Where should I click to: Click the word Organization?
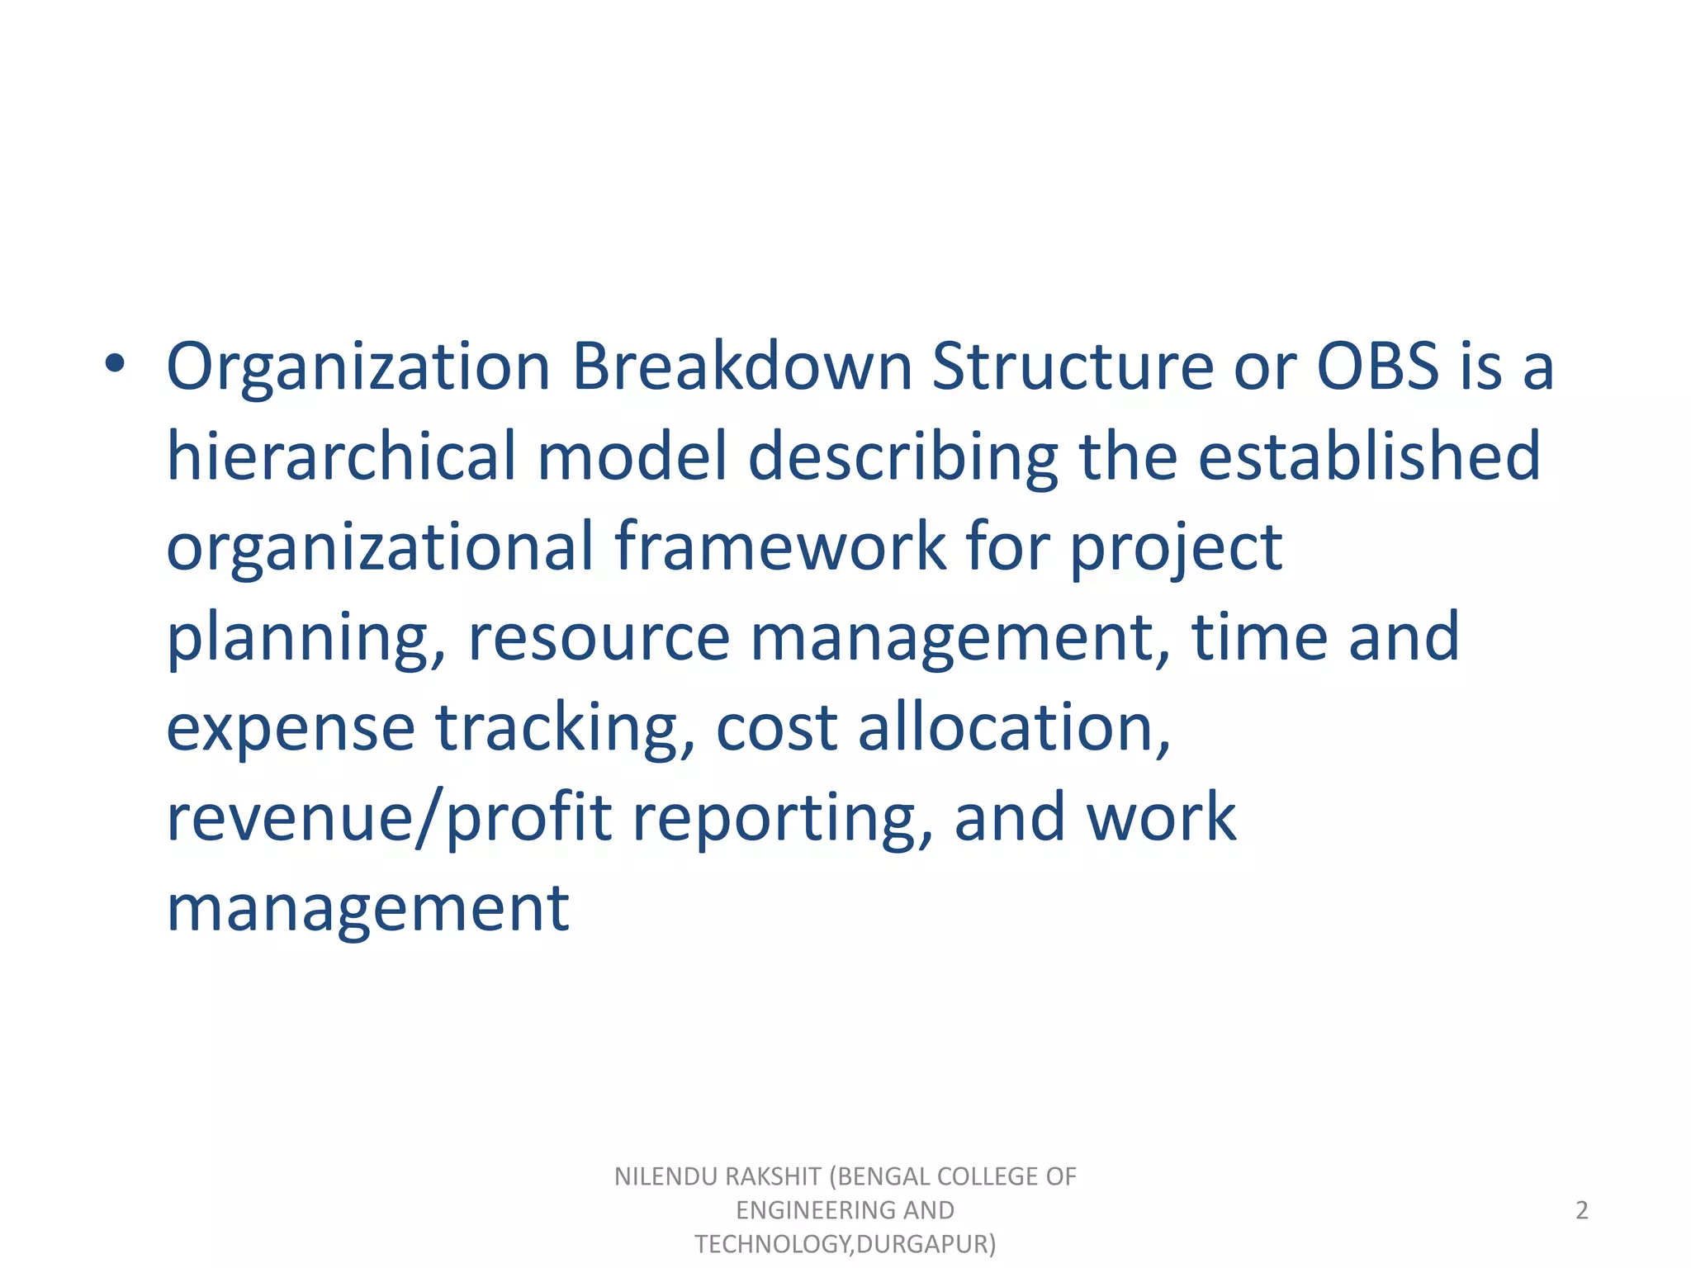[358, 367]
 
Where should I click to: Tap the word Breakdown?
[742, 366]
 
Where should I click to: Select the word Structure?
[1073, 366]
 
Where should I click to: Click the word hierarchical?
[341, 456]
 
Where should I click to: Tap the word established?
[1369, 456]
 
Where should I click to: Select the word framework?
[780, 546]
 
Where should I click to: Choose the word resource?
[599, 637]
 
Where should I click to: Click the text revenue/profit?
[389, 818]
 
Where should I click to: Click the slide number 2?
[1581, 1210]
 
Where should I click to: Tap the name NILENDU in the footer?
[666, 1176]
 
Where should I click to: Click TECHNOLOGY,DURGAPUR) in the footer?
[845, 1243]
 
